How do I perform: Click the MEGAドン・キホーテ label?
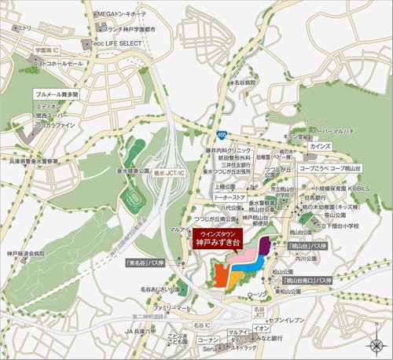point(122,13)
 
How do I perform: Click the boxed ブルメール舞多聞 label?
point(57,94)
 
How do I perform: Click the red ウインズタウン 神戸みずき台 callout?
point(216,239)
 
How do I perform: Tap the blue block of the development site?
point(248,264)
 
